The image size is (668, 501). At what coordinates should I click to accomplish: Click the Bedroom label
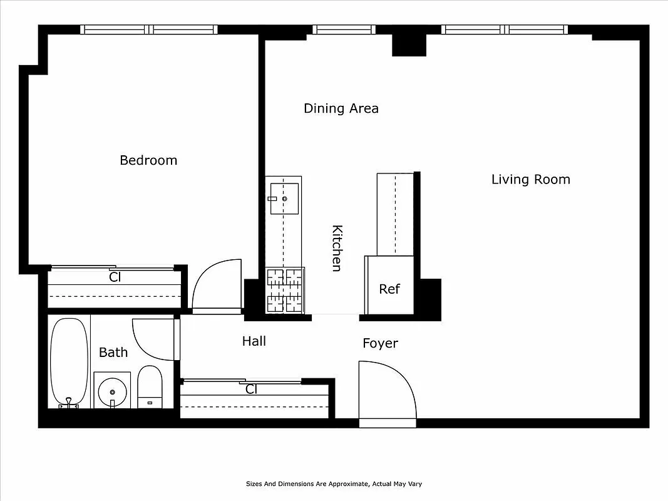pos(148,160)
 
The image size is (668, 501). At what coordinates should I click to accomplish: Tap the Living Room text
pos(530,180)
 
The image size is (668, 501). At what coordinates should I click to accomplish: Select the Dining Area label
pos(341,108)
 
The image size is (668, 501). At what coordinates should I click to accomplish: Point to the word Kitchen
pos(336,248)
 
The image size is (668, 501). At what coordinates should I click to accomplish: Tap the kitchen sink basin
pos(284,199)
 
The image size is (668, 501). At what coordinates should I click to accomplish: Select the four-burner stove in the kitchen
pos(284,289)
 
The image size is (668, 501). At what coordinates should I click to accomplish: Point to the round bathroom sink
pos(112,392)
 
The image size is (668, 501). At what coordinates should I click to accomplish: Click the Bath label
pos(113,353)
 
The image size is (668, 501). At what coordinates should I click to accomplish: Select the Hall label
pos(254,341)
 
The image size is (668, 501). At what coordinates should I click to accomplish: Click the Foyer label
pos(380,344)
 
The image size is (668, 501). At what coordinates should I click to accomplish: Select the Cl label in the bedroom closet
pos(115,277)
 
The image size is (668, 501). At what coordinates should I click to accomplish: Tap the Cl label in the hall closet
pos(251,390)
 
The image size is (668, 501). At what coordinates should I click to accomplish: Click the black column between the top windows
pos(408,44)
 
